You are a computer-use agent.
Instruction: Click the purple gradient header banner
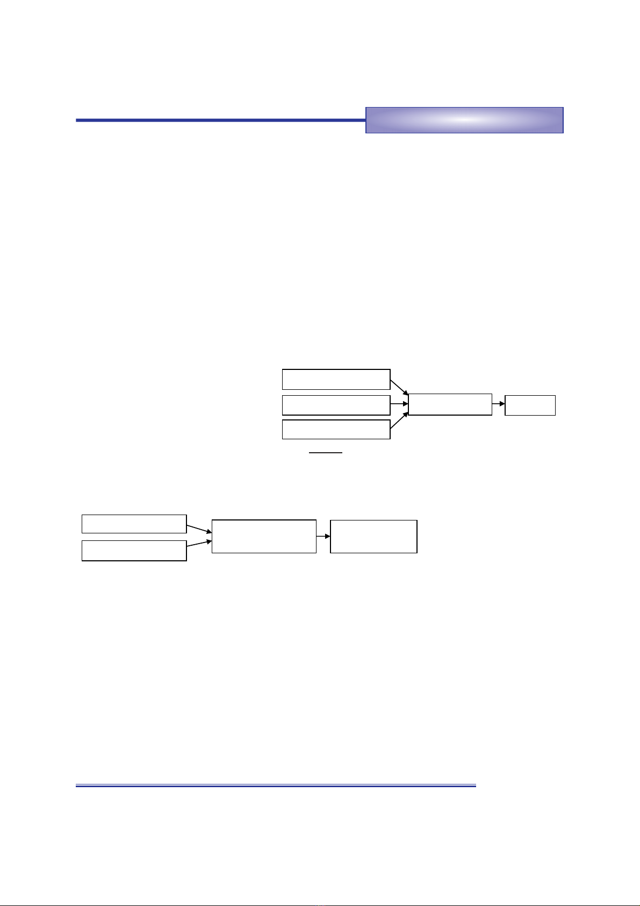(x=464, y=120)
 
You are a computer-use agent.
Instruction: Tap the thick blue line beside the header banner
(x=220, y=120)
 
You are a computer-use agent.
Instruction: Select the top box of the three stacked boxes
(x=336, y=379)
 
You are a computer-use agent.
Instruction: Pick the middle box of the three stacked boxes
(x=336, y=405)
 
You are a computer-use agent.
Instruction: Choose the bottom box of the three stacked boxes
(x=336, y=430)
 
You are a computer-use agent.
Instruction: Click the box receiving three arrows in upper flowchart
(x=450, y=404)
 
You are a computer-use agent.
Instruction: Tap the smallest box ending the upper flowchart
(x=530, y=405)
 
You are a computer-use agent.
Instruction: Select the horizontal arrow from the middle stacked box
(x=399, y=403)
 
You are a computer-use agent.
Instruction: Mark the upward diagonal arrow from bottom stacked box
(x=399, y=421)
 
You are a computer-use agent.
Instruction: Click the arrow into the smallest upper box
(x=498, y=403)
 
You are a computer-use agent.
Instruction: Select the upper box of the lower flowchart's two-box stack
(x=134, y=524)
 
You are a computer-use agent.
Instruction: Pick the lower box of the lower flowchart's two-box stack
(x=134, y=551)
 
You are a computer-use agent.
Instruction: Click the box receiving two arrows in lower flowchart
(x=264, y=536)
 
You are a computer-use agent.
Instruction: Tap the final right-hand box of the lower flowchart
(x=373, y=536)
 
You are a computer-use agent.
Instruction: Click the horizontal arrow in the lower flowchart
(x=323, y=536)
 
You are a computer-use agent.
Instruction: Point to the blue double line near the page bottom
(x=276, y=786)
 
